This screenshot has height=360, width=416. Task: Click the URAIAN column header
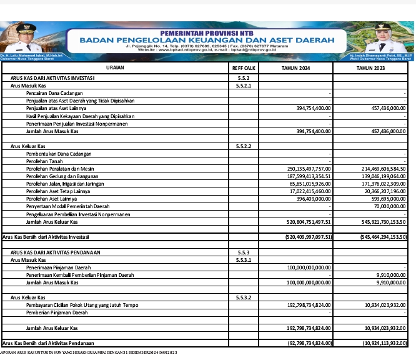click(115, 67)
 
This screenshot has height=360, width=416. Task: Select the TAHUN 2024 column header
click(295, 67)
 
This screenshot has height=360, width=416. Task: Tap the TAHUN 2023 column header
click(370, 67)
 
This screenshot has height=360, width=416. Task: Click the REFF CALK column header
click(244, 67)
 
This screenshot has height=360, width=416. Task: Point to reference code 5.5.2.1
click(244, 86)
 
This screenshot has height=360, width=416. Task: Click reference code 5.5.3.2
click(244, 297)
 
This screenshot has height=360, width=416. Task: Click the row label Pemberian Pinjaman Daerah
click(57, 312)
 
